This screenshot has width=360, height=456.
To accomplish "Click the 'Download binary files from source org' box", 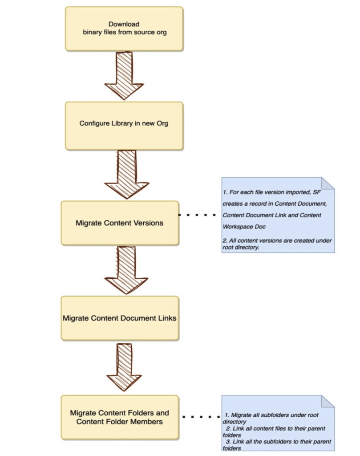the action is (x=124, y=29).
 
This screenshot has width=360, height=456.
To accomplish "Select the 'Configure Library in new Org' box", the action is (x=124, y=126).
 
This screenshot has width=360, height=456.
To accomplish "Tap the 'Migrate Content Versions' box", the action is (x=120, y=223).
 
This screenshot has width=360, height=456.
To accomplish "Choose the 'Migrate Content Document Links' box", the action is (x=120, y=318).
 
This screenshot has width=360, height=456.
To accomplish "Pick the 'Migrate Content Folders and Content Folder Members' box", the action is (x=120, y=417).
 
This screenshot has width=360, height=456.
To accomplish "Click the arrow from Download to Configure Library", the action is (x=124, y=76).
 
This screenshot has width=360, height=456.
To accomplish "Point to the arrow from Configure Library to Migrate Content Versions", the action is (x=127, y=175).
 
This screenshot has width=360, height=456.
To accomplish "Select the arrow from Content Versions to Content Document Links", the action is (x=126, y=270).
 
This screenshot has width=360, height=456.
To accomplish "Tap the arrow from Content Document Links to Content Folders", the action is (x=124, y=367).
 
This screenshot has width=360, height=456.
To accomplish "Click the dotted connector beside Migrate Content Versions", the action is (x=197, y=215).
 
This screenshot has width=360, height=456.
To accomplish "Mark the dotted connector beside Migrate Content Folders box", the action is (x=201, y=417).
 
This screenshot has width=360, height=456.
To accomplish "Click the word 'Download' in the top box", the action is (x=124, y=24).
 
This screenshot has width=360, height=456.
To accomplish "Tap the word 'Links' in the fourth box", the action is (x=167, y=318).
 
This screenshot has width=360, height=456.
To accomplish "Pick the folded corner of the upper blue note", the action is (x=328, y=183).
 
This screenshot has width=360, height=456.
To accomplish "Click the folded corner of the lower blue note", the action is (x=328, y=401).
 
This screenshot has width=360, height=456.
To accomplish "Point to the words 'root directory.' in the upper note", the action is (x=241, y=248).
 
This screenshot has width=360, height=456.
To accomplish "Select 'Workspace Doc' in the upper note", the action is (x=244, y=227).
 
